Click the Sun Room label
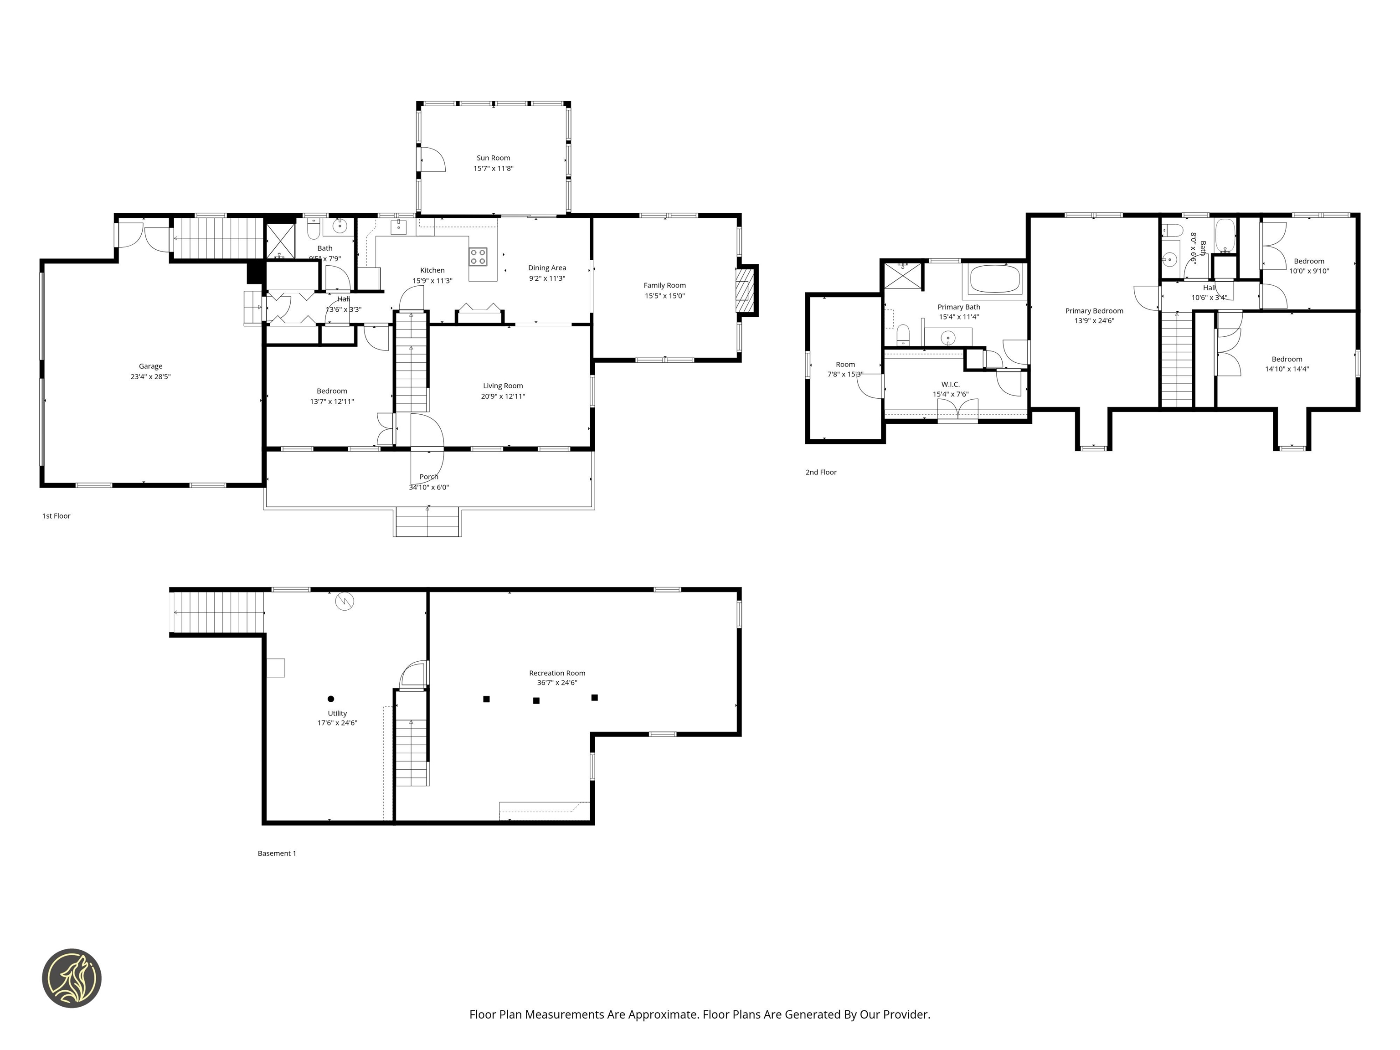tap(493, 158)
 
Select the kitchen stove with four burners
tap(478, 256)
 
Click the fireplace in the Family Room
tap(746, 290)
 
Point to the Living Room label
tap(503, 386)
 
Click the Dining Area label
tap(547, 268)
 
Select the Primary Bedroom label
tap(1094, 311)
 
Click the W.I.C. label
tap(950, 384)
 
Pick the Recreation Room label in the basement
tap(557, 673)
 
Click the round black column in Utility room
tap(330, 699)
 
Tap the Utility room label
tap(337, 713)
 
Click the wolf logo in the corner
tap(72, 978)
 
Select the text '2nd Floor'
tap(820, 472)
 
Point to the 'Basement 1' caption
tap(277, 853)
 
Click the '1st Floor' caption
tap(57, 516)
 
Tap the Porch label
tap(428, 477)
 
